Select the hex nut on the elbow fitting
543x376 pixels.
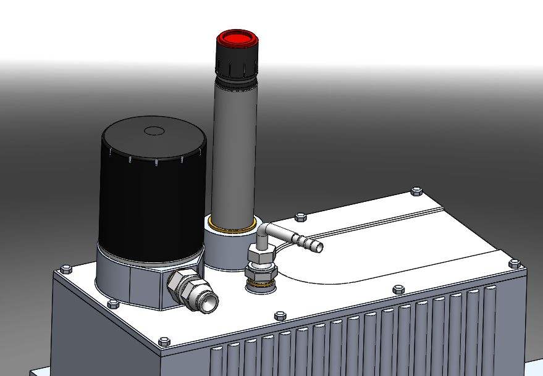click(259, 255)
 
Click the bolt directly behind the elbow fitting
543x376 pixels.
click(301, 217)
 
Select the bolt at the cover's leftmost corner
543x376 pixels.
click(65, 269)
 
